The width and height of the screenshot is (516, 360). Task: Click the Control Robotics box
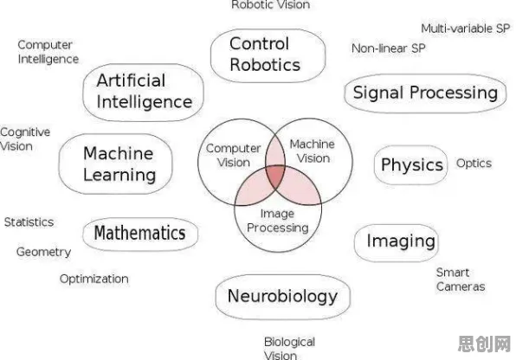[x=268, y=55]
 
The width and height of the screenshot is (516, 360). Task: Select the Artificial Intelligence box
[x=143, y=92]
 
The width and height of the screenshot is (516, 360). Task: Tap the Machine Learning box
[x=115, y=164]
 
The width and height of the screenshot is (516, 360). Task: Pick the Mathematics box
[x=140, y=234]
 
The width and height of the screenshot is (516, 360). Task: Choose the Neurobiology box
[x=283, y=297]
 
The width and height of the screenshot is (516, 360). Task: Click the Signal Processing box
[x=425, y=93]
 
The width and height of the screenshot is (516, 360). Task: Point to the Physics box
[x=411, y=165]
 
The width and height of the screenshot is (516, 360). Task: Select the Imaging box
[x=397, y=242]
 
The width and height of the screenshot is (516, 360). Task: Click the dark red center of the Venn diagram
[x=276, y=176]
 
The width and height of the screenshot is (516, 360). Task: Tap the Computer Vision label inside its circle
[x=233, y=155]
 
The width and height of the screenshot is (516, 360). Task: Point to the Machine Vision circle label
[x=313, y=151]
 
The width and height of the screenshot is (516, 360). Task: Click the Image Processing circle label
[x=278, y=221]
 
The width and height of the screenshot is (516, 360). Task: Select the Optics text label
[x=474, y=164]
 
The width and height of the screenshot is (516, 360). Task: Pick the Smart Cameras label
[x=461, y=280]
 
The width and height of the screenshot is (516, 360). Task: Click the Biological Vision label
[x=289, y=349]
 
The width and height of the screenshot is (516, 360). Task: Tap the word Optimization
[x=94, y=279]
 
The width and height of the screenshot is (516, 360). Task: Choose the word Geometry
[x=44, y=253]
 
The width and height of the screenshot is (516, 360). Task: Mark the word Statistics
[x=29, y=222]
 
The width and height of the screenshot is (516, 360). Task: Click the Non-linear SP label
[x=389, y=48]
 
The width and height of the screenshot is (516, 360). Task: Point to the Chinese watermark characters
[x=484, y=344]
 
